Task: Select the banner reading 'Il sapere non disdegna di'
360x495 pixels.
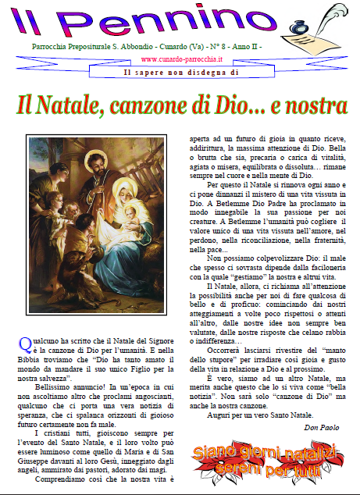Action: (180, 73)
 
